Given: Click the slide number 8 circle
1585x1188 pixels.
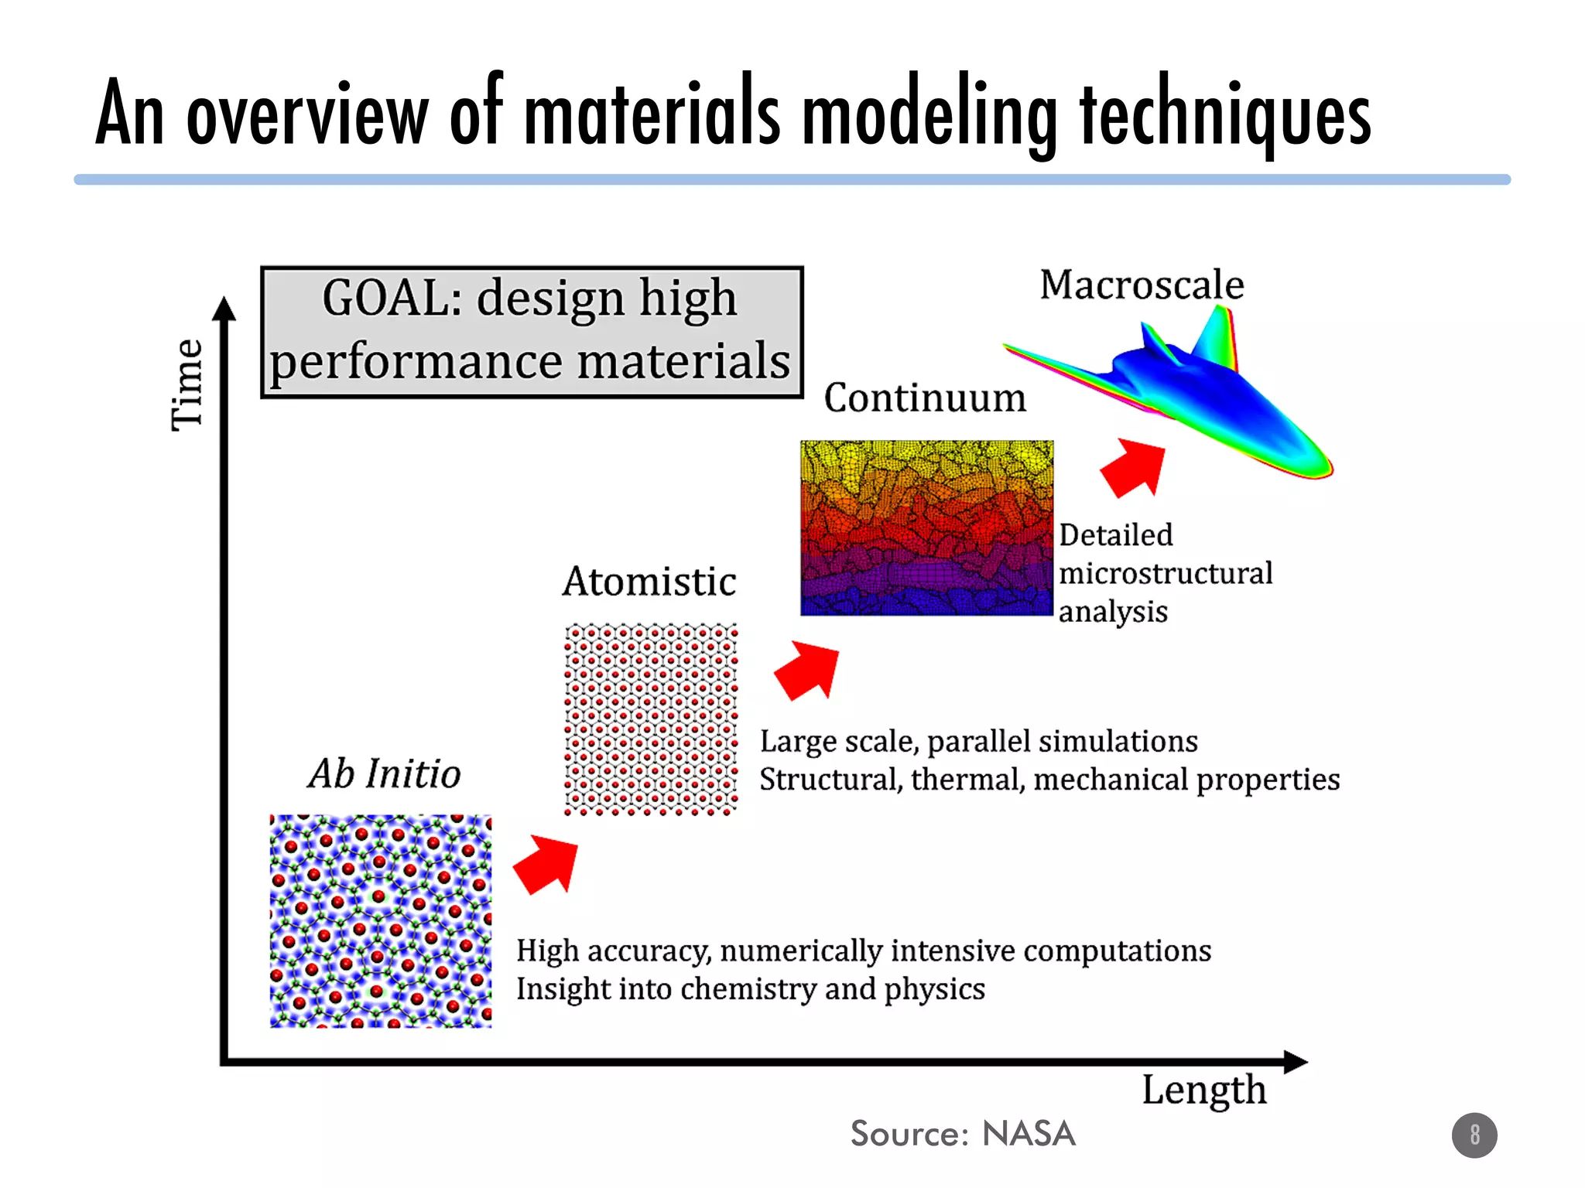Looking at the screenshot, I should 1474,1135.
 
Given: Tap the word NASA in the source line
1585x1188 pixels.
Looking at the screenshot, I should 1029,1134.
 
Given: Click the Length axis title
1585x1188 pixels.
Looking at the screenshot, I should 1204,1091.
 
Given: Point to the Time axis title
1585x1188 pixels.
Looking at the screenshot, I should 187,384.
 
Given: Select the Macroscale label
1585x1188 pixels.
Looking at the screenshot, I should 1142,285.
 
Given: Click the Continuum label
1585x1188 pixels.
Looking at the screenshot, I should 925,398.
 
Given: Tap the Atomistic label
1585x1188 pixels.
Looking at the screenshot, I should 649,582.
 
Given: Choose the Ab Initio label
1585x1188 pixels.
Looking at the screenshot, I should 385,773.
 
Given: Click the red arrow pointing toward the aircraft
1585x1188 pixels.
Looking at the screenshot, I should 1134,466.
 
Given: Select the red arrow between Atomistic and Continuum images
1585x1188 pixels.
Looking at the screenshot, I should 808,670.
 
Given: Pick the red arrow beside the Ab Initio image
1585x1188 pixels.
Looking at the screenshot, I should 546,864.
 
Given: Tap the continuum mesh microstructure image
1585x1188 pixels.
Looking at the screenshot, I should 926,528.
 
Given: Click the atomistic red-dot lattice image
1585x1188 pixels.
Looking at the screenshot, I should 651,719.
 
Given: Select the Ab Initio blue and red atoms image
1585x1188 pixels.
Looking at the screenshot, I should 381,920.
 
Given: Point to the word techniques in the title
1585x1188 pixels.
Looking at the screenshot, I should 1225,116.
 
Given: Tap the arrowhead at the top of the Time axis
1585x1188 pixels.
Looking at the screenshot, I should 224,309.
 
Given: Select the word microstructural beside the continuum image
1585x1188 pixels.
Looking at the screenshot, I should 1166,574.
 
